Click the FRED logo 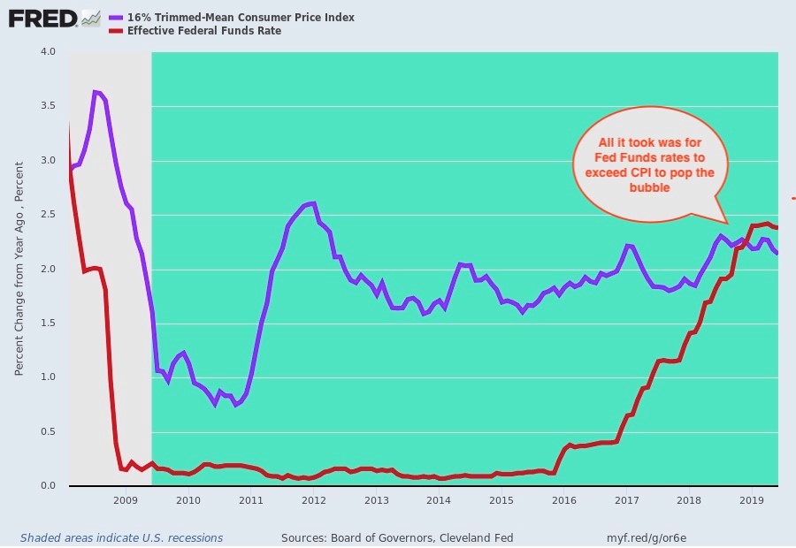click(x=42, y=18)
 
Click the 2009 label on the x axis click(x=126, y=500)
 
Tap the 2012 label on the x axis click(x=313, y=500)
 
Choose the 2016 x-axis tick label click(x=563, y=500)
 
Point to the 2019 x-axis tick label click(x=751, y=500)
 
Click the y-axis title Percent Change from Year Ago click(x=19, y=265)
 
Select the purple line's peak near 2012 click(x=312, y=203)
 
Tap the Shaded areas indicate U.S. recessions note click(x=121, y=537)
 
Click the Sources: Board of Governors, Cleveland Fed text click(x=397, y=537)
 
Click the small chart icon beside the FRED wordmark click(x=90, y=18)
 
